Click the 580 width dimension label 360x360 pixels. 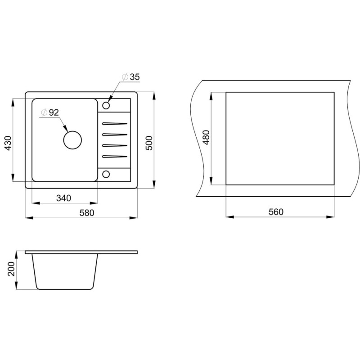[x=87, y=213]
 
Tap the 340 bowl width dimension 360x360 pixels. [x=63, y=198]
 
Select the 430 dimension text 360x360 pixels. [x=8, y=143]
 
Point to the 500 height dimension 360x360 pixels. [x=149, y=143]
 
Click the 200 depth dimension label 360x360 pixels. [x=11, y=269]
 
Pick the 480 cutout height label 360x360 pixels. [x=207, y=137]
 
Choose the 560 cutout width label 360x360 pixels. [x=276, y=211]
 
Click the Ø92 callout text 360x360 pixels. [x=50, y=112]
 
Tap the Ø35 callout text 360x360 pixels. [x=131, y=77]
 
